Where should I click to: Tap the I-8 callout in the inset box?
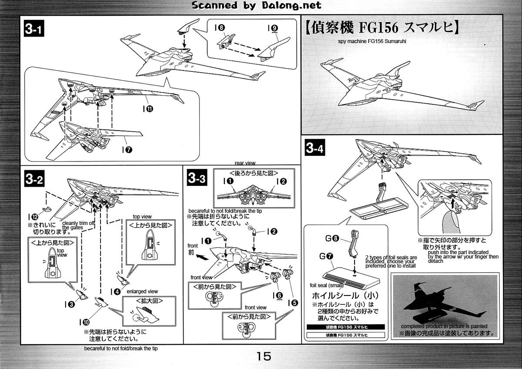(x=220, y=27)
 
